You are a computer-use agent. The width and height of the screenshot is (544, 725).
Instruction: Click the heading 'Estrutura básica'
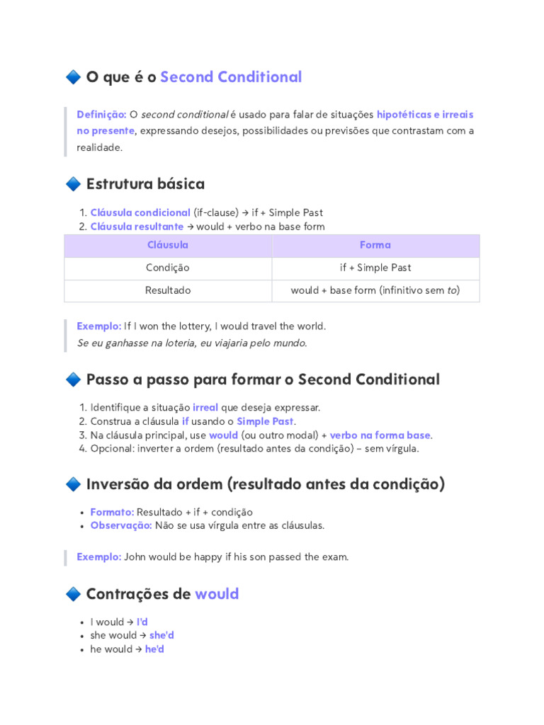coord(145,184)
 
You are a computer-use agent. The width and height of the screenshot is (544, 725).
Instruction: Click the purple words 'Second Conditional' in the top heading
coord(231,77)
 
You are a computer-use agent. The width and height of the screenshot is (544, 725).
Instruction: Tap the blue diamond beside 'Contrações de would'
coord(72,594)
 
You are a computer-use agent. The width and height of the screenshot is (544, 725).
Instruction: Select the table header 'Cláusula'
coord(168,245)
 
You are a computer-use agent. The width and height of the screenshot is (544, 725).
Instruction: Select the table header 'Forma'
coord(375,245)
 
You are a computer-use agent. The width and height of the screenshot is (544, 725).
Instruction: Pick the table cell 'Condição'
coord(168,268)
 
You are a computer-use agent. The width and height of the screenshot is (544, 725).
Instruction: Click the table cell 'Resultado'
coord(168,290)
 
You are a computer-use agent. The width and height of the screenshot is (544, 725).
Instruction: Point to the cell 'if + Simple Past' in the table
coord(375,268)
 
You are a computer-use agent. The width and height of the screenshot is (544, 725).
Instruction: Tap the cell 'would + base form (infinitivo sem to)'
coord(375,290)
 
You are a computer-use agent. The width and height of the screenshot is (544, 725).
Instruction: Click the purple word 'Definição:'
coord(101,114)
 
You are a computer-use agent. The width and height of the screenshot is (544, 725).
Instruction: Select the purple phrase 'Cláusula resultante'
coord(137,227)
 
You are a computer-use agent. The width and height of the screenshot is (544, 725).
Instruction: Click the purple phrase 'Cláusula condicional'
coord(140,212)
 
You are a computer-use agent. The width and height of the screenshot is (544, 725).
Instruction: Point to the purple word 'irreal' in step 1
coord(205,408)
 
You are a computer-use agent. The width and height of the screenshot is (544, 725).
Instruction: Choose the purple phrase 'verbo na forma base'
coord(380,435)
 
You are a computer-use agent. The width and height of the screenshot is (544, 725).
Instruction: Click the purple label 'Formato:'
coord(112,512)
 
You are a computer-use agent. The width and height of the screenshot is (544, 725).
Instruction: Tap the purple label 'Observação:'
coord(121,525)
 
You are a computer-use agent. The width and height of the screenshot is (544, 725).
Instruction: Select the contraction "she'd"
coord(161,635)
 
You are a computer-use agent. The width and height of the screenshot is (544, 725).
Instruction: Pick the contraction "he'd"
coord(154,649)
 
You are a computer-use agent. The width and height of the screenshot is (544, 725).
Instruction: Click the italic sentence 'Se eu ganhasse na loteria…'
coord(192,343)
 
